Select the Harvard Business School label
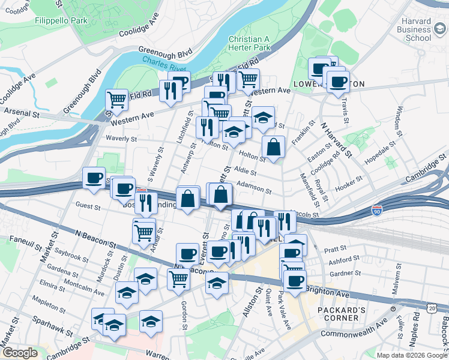(x=409, y=31)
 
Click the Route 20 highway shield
(x=432, y=308)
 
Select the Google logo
(x=19, y=353)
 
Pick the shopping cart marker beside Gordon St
(x=179, y=278)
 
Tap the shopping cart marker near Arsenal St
(x=116, y=98)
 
